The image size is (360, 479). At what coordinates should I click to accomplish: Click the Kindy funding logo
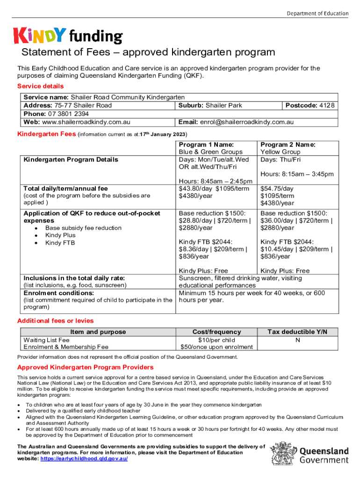[68, 36]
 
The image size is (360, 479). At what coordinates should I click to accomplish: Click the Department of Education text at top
[317, 13]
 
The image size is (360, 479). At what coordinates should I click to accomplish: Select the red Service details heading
[40, 86]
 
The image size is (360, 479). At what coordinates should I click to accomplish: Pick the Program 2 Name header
[288, 145]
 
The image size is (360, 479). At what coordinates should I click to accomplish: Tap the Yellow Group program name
[280, 152]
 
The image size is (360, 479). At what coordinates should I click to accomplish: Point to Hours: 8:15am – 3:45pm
[297, 174]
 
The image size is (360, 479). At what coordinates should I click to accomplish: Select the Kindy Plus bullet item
[60, 235]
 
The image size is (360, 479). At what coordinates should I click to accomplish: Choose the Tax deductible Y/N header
[297, 332]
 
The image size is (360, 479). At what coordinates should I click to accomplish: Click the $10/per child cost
[216, 340]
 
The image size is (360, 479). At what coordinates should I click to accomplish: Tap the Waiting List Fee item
[46, 340]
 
